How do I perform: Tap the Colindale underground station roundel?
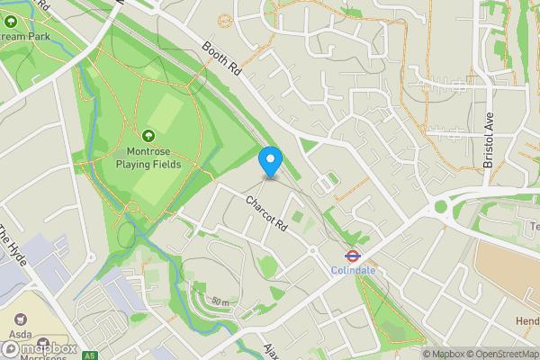pos(353,255)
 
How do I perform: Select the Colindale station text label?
pos(353,270)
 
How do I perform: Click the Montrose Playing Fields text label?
pos(148,158)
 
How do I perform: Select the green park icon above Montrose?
pos(148,136)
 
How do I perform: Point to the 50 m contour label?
pos(220,301)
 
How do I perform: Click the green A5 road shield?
pos(89,355)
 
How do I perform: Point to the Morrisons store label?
pos(37,357)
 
